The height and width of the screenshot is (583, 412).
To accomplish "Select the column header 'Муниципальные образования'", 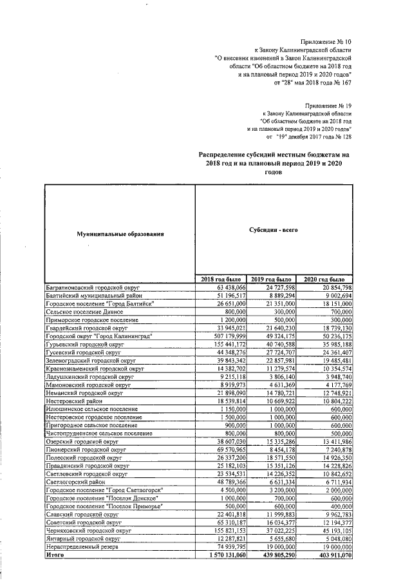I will point(118,233).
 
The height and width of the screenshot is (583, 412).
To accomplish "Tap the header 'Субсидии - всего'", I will point(274,229).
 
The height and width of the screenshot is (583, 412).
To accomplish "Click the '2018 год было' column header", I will point(221,278).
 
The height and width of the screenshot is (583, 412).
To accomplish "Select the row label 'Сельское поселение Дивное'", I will point(79,311).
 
